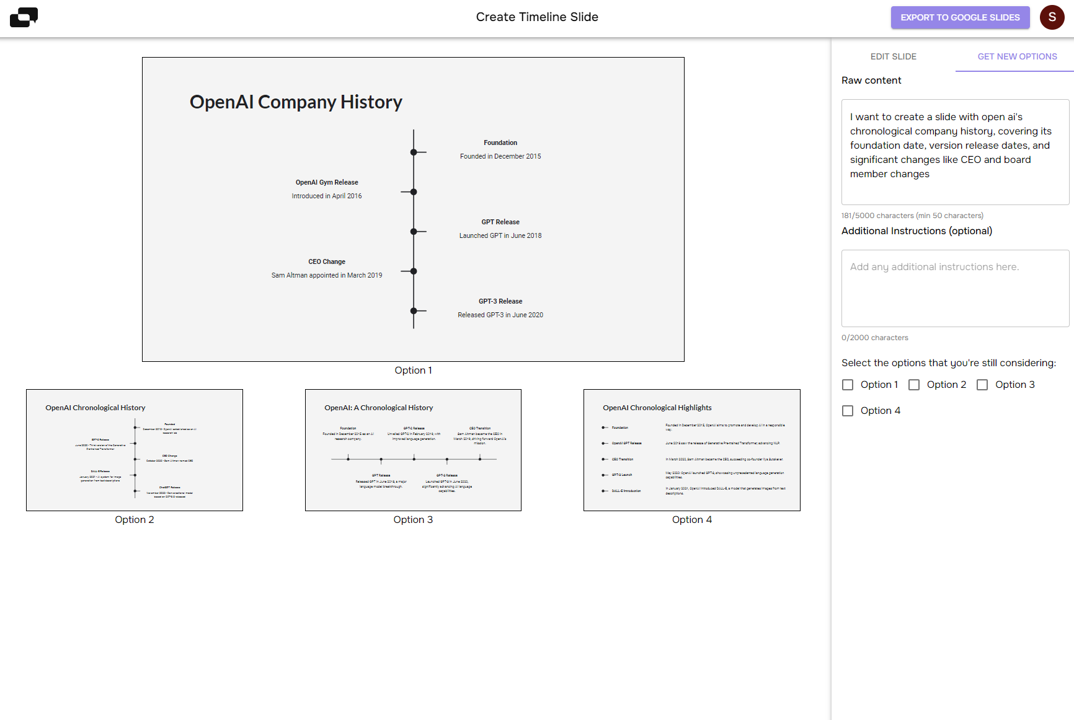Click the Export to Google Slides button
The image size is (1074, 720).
pos(960,17)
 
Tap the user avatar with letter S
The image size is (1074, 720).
pos(1052,17)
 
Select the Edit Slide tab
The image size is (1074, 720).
pos(893,56)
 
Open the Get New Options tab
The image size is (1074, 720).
pos(1017,56)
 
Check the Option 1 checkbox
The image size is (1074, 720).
pos(848,385)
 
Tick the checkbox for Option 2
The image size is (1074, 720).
pos(914,385)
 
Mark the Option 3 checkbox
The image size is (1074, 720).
pos(982,385)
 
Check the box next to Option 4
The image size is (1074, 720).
pos(848,411)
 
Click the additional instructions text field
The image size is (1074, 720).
pos(955,288)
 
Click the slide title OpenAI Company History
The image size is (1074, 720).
pos(296,102)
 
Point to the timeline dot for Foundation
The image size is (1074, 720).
pos(414,152)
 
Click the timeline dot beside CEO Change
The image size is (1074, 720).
pos(414,271)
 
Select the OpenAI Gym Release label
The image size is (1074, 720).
pos(327,182)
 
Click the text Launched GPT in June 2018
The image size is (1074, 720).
pos(500,235)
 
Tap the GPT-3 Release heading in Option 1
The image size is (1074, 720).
pos(500,301)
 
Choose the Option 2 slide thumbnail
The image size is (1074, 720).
pos(135,450)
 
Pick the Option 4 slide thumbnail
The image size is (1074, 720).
pos(691,450)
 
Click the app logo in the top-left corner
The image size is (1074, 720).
pos(24,17)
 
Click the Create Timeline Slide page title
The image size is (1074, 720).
pos(537,17)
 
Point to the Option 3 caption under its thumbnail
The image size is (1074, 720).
pos(413,520)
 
